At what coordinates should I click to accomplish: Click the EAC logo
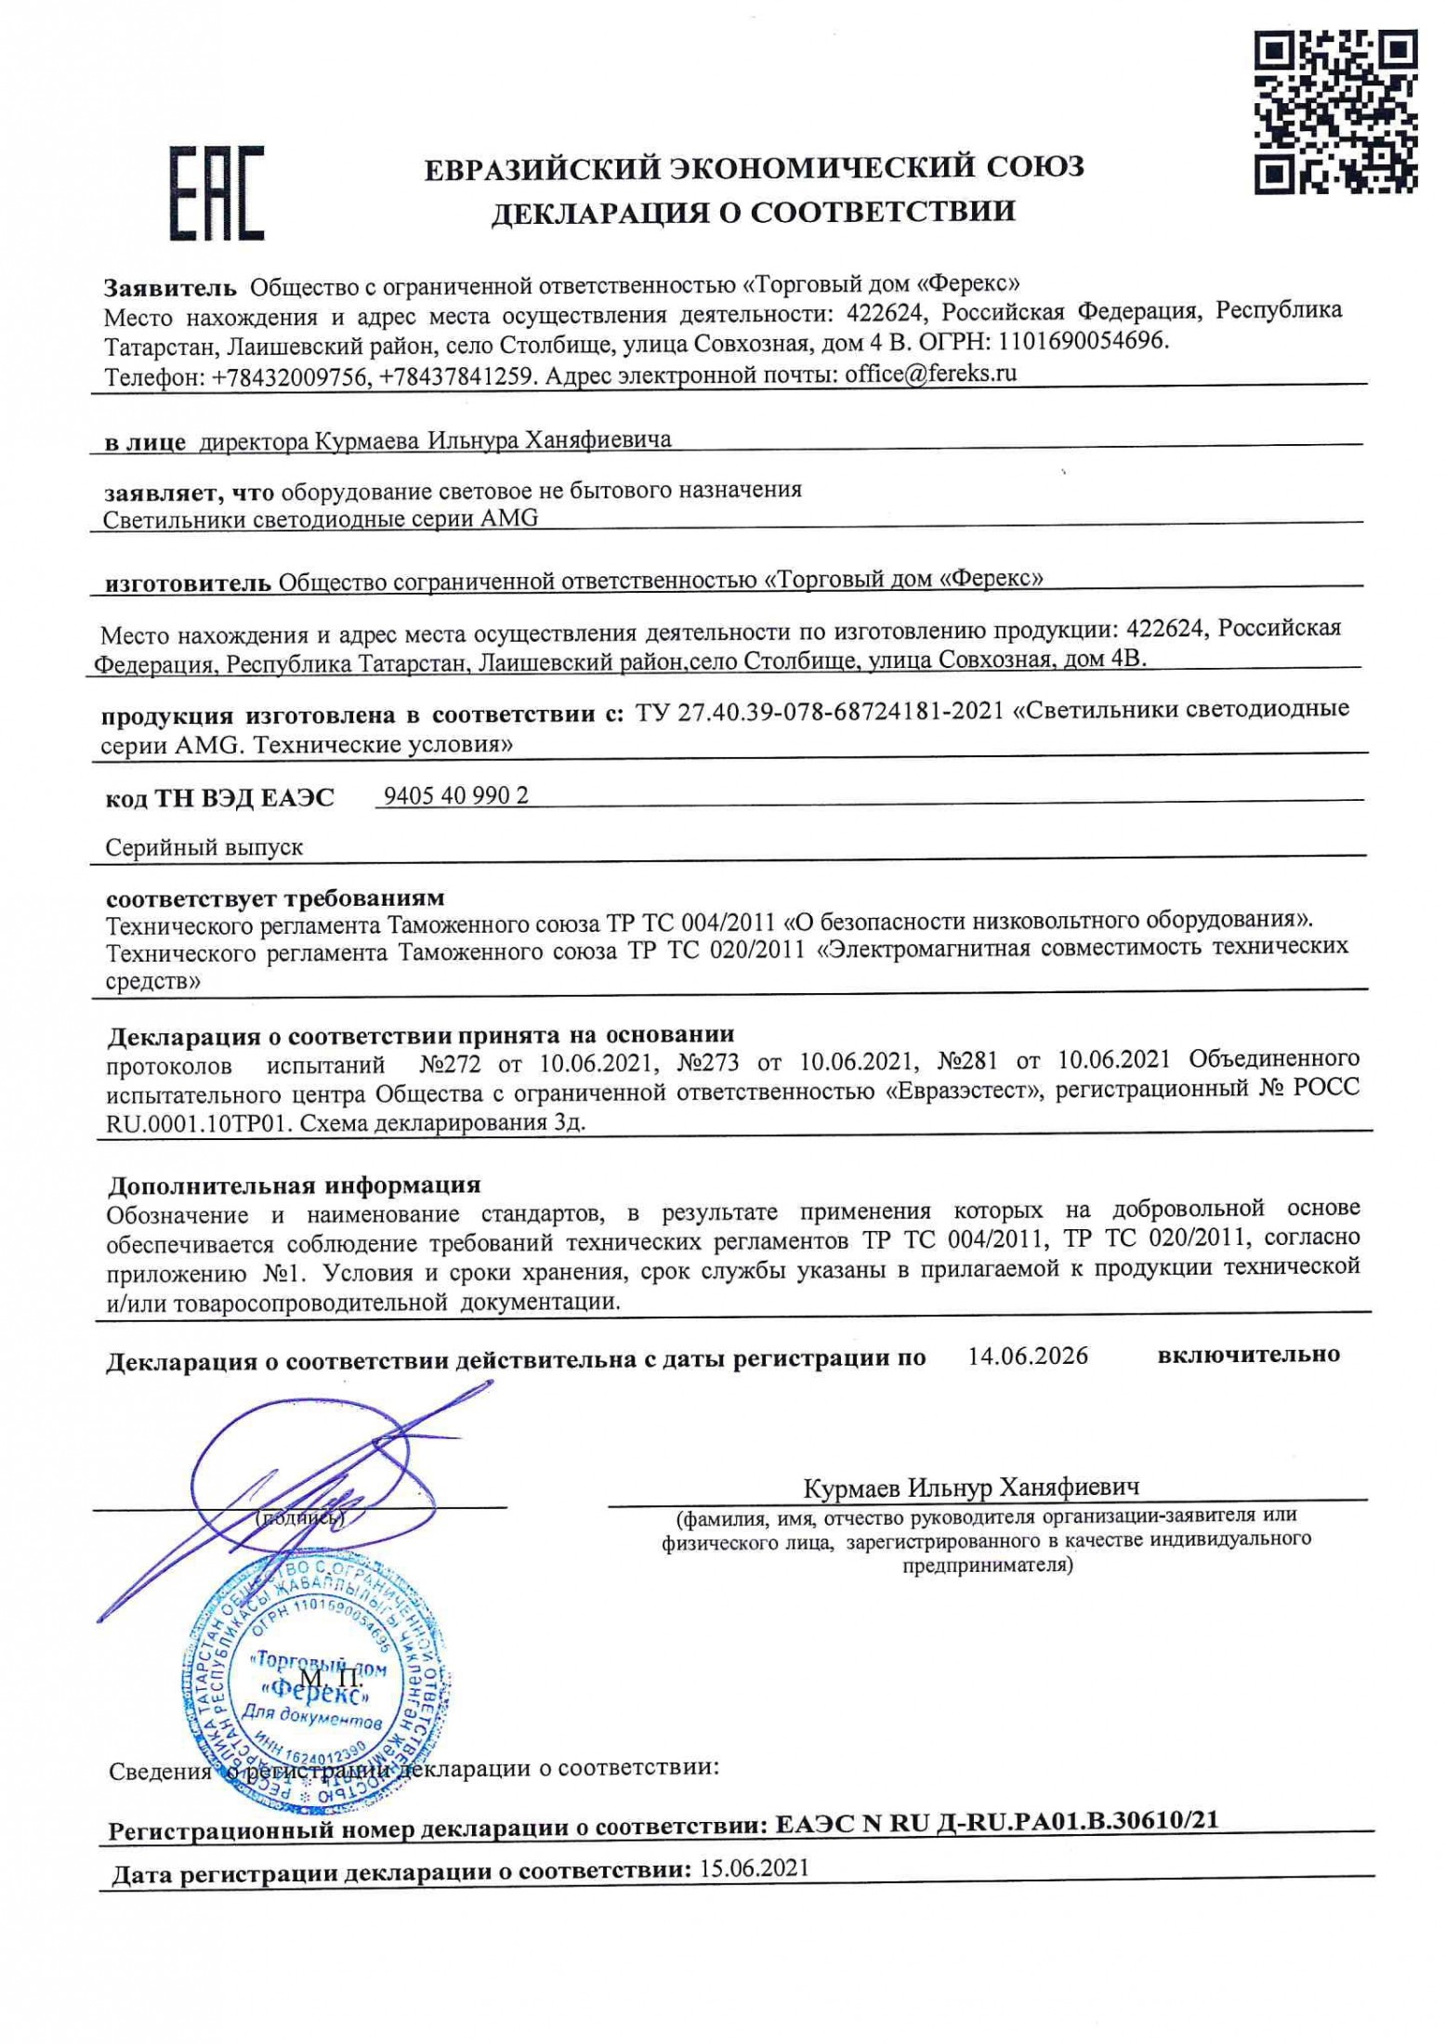216,192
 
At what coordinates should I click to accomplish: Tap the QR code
1335,111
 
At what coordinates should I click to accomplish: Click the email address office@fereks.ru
930,373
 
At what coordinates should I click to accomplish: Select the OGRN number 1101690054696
1083,341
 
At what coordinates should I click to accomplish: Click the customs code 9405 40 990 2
455,795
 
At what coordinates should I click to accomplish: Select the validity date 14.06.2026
1027,1356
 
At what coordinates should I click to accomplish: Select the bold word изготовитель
188,583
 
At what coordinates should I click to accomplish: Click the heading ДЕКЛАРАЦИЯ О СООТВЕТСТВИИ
753,212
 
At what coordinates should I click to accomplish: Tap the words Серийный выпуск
204,847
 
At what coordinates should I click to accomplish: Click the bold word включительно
1248,1355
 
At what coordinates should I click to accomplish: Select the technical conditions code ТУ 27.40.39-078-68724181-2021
820,711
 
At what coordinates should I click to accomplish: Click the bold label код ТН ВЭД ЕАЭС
219,797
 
